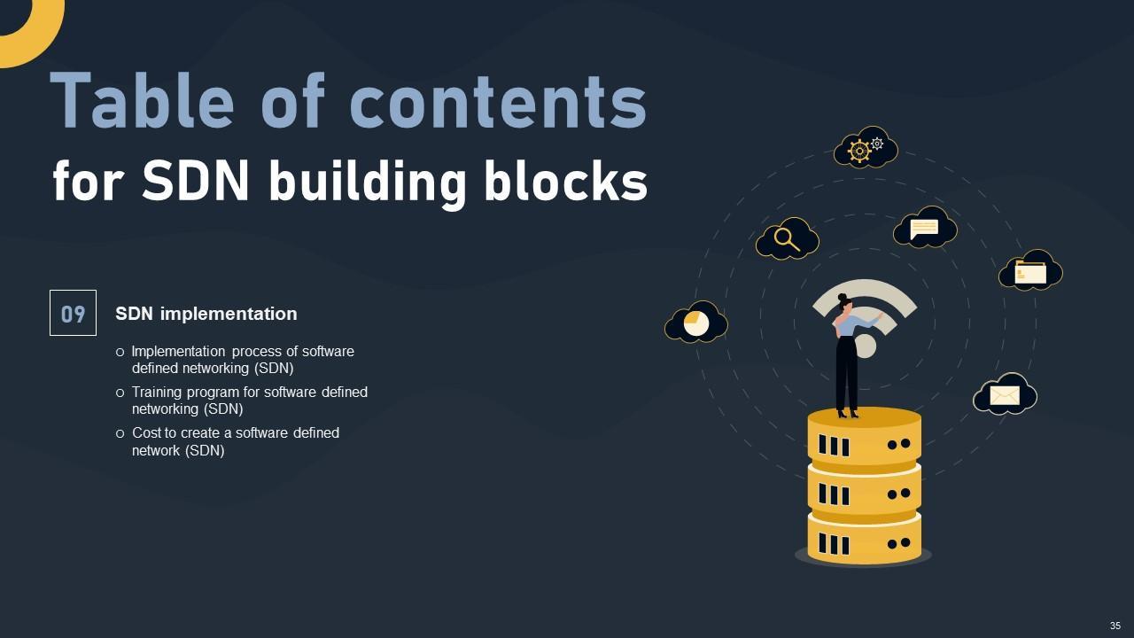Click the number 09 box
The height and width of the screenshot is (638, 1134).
pyautogui.click(x=73, y=313)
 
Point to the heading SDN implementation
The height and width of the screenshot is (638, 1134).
pyautogui.click(x=206, y=314)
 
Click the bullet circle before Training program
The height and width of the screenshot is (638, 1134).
pyautogui.click(x=120, y=393)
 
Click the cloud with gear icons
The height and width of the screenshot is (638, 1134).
pyautogui.click(x=866, y=148)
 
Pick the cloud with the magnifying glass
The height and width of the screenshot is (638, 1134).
pyautogui.click(x=787, y=238)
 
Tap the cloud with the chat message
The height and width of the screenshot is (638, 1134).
pyautogui.click(x=924, y=228)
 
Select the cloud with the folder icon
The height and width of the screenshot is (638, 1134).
pyautogui.click(x=1030, y=270)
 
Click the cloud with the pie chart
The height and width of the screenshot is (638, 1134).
pyautogui.click(x=696, y=323)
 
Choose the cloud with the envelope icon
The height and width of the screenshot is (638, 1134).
pyautogui.click(x=1005, y=394)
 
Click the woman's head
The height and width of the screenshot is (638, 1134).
pyautogui.click(x=844, y=303)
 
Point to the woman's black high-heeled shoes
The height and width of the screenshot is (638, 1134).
pyautogui.click(x=847, y=411)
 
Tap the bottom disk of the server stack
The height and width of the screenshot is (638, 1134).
pyautogui.click(x=864, y=539)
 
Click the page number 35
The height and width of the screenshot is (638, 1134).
pyautogui.click(x=1115, y=626)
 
